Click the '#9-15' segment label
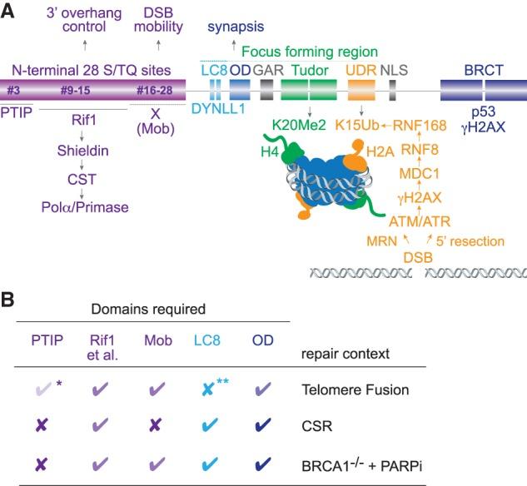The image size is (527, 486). coord(79,91)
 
